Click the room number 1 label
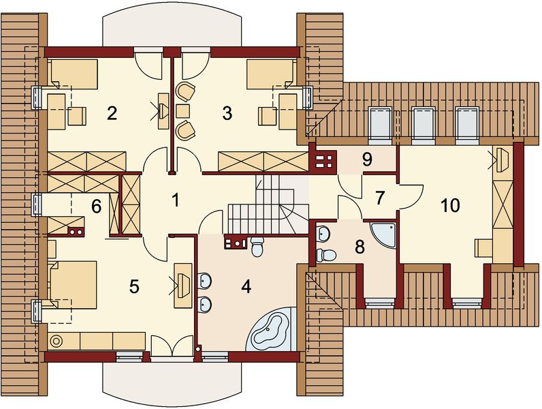tap(175, 200)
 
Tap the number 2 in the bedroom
tap(112, 113)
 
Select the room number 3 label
tap(227, 113)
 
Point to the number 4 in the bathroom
tap(246, 286)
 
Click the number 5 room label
tap(134, 286)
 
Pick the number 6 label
tap(97, 206)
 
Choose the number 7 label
tap(380, 198)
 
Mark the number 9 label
tap(367, 160)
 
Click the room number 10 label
tap(450, 204)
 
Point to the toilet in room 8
tap(325, 256)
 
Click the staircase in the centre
tap(264, 204)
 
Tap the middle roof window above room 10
tap(423, 123)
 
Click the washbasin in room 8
tap(323, 232)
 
